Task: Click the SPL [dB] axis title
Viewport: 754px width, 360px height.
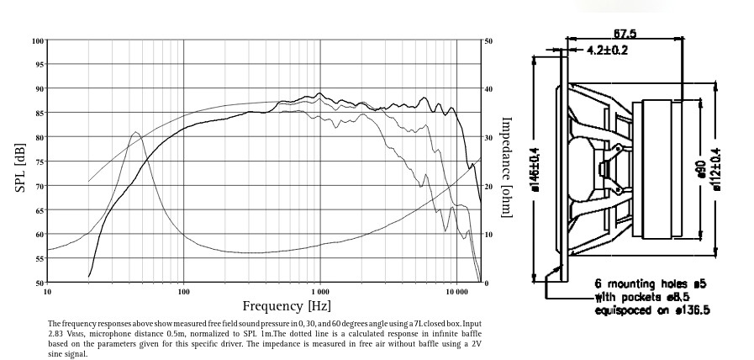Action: click(21, 161)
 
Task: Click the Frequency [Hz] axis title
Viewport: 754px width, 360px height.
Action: click(287, 306)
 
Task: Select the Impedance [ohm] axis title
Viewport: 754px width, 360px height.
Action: click(506, 167)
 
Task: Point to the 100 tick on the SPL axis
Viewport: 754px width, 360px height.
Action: click(39, 40)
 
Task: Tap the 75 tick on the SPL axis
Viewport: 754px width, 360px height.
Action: click(40, 161)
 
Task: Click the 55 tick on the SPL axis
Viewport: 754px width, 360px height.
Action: click(40, 259)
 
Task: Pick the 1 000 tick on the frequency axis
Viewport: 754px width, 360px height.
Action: click(319, 291)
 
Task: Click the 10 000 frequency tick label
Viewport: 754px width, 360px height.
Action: click(456, 291)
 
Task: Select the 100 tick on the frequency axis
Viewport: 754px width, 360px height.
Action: click(183, 291)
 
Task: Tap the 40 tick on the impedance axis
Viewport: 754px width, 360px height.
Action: click(488, 89)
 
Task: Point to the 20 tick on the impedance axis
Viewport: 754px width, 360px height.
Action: click(488, 186)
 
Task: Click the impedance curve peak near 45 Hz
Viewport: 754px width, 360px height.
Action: click(135, 132)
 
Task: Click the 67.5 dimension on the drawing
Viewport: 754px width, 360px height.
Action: click(625, 34)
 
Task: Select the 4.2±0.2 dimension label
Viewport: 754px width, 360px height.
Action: click(607, 50)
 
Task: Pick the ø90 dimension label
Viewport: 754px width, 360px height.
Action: click(700, 169)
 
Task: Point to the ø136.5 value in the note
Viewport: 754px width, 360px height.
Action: click(688, 310)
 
